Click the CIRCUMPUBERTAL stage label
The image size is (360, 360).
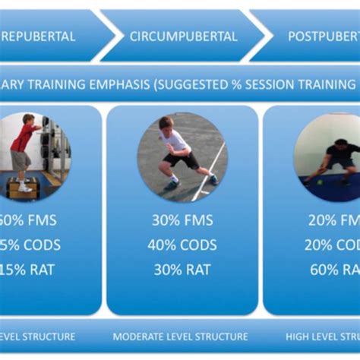point(183,36)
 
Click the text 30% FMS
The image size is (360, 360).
point(182,221)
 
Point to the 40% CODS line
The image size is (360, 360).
point(182,245)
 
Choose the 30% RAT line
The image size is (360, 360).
point(182,269)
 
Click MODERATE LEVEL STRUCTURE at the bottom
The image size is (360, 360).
point(181,336)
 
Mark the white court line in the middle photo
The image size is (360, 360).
point(208,173)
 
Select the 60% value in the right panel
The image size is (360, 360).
point(324,269)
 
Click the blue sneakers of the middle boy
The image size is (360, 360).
point(172,185)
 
